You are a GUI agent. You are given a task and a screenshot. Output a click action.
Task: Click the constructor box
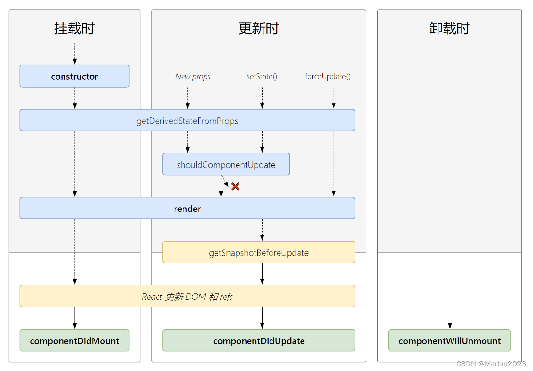(74, 76)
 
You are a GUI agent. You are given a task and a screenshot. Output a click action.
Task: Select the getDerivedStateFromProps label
(187, 121)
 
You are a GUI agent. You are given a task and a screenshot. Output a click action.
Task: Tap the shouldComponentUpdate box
(226, 165)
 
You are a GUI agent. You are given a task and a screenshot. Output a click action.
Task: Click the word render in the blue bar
(187, 209)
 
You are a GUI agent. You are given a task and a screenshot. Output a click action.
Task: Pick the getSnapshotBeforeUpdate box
(258, 253)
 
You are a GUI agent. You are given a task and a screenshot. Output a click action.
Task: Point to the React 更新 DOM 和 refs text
(187, 297)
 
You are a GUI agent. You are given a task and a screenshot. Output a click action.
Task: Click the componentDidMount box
(74, 341)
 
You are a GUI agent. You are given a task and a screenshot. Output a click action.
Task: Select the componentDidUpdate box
(258, 341)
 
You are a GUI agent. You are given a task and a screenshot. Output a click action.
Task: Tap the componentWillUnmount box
(449, 341)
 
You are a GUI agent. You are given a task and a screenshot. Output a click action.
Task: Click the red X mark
(235, 186)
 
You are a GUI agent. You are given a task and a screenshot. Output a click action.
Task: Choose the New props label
(193, 76)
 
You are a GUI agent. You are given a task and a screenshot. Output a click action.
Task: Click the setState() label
(262, 76)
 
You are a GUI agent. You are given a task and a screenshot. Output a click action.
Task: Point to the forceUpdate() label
(327, 76)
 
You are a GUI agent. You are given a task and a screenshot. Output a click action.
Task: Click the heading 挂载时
(74, 28)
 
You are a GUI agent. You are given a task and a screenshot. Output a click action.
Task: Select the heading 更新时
(258, 28)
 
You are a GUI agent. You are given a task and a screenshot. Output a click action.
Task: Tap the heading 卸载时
(449, 28)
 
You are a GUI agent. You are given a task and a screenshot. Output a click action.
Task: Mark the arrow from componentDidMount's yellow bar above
(74, 318)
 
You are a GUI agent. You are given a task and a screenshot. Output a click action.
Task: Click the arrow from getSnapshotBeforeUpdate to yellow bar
(262, 274)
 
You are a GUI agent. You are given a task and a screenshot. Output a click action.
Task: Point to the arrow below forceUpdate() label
(334, 98)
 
